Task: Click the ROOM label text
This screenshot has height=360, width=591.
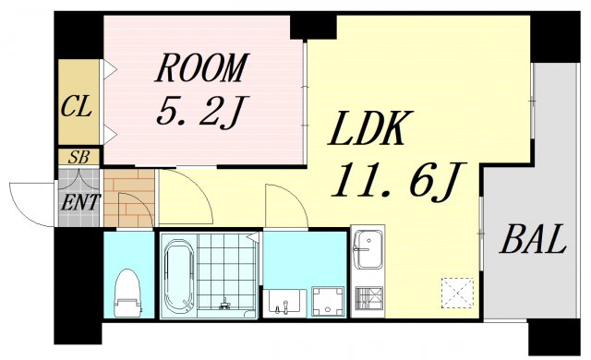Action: [202, 67]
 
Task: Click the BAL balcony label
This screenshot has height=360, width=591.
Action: [532, 241]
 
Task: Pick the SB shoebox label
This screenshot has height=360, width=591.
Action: [78, 157]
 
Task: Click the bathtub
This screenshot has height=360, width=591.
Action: [179, 274]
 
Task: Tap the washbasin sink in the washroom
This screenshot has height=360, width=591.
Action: [286, 301]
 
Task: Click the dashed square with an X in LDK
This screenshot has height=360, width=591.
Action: [456, 292]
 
